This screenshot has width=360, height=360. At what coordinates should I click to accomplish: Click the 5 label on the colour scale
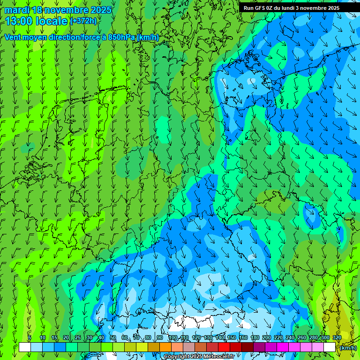tap(30, 337)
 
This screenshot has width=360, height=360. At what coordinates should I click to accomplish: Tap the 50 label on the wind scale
tap(112, 337)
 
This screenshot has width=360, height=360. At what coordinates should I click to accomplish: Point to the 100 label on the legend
tap(173, 337)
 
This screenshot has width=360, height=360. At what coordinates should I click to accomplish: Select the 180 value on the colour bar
tap(255, 337)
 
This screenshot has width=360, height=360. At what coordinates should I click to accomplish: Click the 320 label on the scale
tap(337, 337)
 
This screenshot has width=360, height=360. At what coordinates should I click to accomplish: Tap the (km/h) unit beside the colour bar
tap(348, 348)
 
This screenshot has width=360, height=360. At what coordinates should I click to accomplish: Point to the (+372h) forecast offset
tap(83, 21)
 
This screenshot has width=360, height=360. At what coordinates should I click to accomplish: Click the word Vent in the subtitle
tap(13, 37)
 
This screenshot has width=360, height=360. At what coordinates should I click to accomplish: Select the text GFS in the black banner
tap(261, 8)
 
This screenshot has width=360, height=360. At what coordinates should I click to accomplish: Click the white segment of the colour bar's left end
tap(25, 347)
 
